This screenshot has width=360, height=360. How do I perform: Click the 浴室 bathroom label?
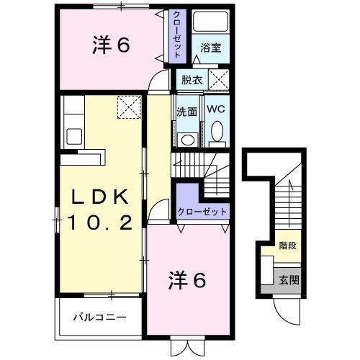pyautogui.click(x=211, y=48)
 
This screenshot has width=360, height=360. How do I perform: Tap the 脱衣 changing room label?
pyautogui.click(x=191, y=80)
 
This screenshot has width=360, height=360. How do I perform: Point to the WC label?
pyautogui.click(x=215, y=110)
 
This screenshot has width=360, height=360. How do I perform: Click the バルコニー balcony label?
pyautogui.click(x=101, y=317)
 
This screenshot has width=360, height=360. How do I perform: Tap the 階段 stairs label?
pyautogui.click(x=288, y=246)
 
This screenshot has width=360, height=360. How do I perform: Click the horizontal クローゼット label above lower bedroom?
pyautogui.click(x=202, y=212)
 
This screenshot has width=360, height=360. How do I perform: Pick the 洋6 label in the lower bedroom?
pyautogui.click(x=188, y=279)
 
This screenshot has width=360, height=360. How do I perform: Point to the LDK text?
pyautogui.click(x=102, y=196)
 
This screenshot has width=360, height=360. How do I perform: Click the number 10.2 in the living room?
pyautogui.click(x=101, y=223)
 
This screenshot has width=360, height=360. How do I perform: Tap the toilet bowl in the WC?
pyautogui.click(x=216, y=132)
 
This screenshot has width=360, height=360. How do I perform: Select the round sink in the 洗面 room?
pyautogui.click(x=187, y=140)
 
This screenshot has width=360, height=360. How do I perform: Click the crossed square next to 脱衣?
pyautogui.click(x=219, y=78)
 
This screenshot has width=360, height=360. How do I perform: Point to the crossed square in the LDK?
pyautogui.click(x=129, y=108)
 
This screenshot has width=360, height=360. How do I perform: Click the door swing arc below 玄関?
pyautogui.click(x=286, y=311)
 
